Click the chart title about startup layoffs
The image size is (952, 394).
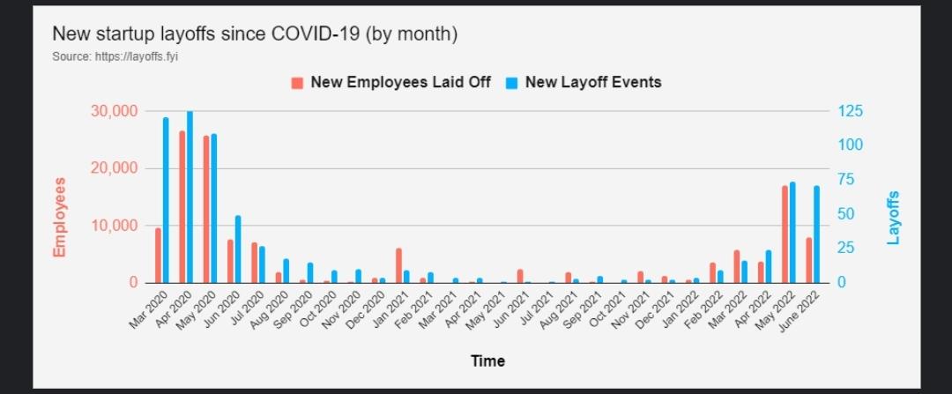pyautogui.click(x=255, y=34)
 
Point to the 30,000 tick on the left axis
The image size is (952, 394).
pyautogui.click(x=114, y=111)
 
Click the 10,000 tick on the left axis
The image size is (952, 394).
pyautogui.click(x=114, y=226)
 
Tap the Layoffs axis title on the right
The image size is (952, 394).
pyautogui.click(x=894, y=218)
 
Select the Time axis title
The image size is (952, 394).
pyautogui.click(x=487, y=361)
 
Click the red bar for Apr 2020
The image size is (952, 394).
pyautogui.click(x=182, y=207)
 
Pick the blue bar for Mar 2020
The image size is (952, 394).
pyautogui.click(x=166, y=200)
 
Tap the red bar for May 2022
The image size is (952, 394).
pyautogui.click(x=785, y=234)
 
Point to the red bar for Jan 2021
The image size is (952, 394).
pyautogui.click(x=398, y=266)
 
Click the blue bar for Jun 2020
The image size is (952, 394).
pyautogui.click(x=238, y=249)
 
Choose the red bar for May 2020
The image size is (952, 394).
pyautogui.click(x=206, y=210)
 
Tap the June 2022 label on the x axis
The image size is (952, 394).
pyautogui.click(x=796, y=313)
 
